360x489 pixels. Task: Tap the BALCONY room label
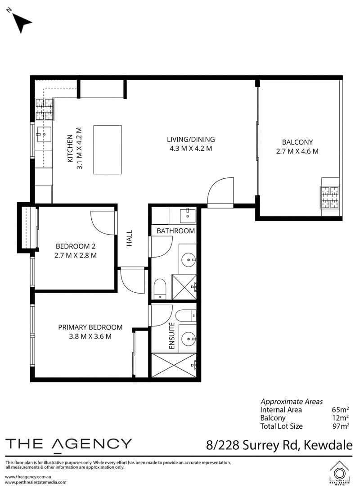297,142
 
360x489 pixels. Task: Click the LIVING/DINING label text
191,140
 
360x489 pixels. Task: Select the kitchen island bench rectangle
108,149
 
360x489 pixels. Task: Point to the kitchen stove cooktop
45,109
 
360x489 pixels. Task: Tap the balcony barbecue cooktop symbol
330,197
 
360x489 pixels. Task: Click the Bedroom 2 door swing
103,223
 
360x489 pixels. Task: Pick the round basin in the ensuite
189,339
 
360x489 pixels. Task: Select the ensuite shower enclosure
174,365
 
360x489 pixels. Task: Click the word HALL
129,238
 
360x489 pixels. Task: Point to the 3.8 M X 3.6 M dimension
90,336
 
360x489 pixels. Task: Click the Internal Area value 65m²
340,410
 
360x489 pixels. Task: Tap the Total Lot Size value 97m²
341,426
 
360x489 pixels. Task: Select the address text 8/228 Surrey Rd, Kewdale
279,445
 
